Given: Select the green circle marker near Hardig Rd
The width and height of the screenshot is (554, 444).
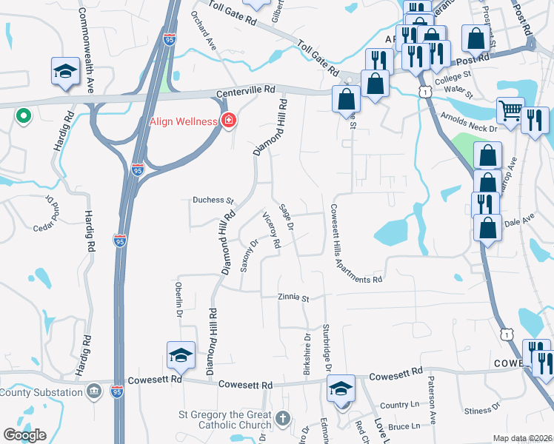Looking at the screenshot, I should click(x=23, y=115).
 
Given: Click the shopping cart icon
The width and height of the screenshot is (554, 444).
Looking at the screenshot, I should click(x=509, y=111).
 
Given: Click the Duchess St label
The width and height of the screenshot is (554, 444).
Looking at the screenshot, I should click(x=213, y=200).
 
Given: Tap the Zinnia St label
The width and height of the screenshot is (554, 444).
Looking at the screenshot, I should click(x=293, y=298).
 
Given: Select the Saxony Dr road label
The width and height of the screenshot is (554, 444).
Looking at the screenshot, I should click(x=248, y=255).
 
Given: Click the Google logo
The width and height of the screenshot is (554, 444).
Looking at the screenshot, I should click(x=25, y=435).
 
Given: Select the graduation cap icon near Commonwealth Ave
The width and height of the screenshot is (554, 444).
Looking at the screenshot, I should click(x=65, y=72).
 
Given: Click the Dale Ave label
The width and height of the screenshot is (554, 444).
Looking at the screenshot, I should click(x=518, y=221).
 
